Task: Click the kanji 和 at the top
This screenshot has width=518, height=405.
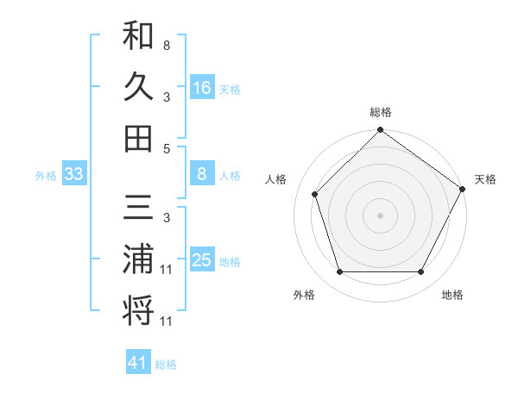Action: (138, 37)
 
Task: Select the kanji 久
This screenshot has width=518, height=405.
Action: (138, 87)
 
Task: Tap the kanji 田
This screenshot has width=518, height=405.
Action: (138, 137)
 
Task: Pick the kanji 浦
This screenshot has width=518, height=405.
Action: (138, 259)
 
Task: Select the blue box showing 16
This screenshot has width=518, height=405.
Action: (202, 88)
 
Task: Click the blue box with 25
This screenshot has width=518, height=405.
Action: (202, 261)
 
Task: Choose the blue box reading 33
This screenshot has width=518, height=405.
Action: (74, 175)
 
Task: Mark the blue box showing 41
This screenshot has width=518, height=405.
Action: (138, 364)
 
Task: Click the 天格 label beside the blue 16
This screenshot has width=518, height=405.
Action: (230, 89)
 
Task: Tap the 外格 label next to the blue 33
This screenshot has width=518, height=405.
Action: (46, 176)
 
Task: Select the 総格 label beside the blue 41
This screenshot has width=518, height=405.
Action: (166, 364)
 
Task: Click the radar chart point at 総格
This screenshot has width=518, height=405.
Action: (380, 131)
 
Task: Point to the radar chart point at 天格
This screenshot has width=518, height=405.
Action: (462, 189)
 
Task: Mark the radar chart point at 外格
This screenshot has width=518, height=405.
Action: (339, 272)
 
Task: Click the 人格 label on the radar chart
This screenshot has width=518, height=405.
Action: (276, 179)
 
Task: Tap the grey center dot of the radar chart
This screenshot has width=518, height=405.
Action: (380, 215)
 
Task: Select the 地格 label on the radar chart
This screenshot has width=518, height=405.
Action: (452, 295)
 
